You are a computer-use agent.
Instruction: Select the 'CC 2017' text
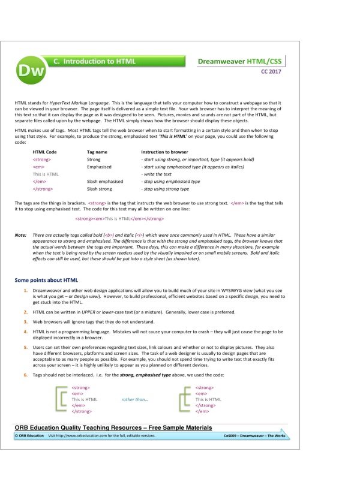[270, 73]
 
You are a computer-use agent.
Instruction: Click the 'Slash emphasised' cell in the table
[105, 181]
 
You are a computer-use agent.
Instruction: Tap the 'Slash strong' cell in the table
[101, 189]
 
